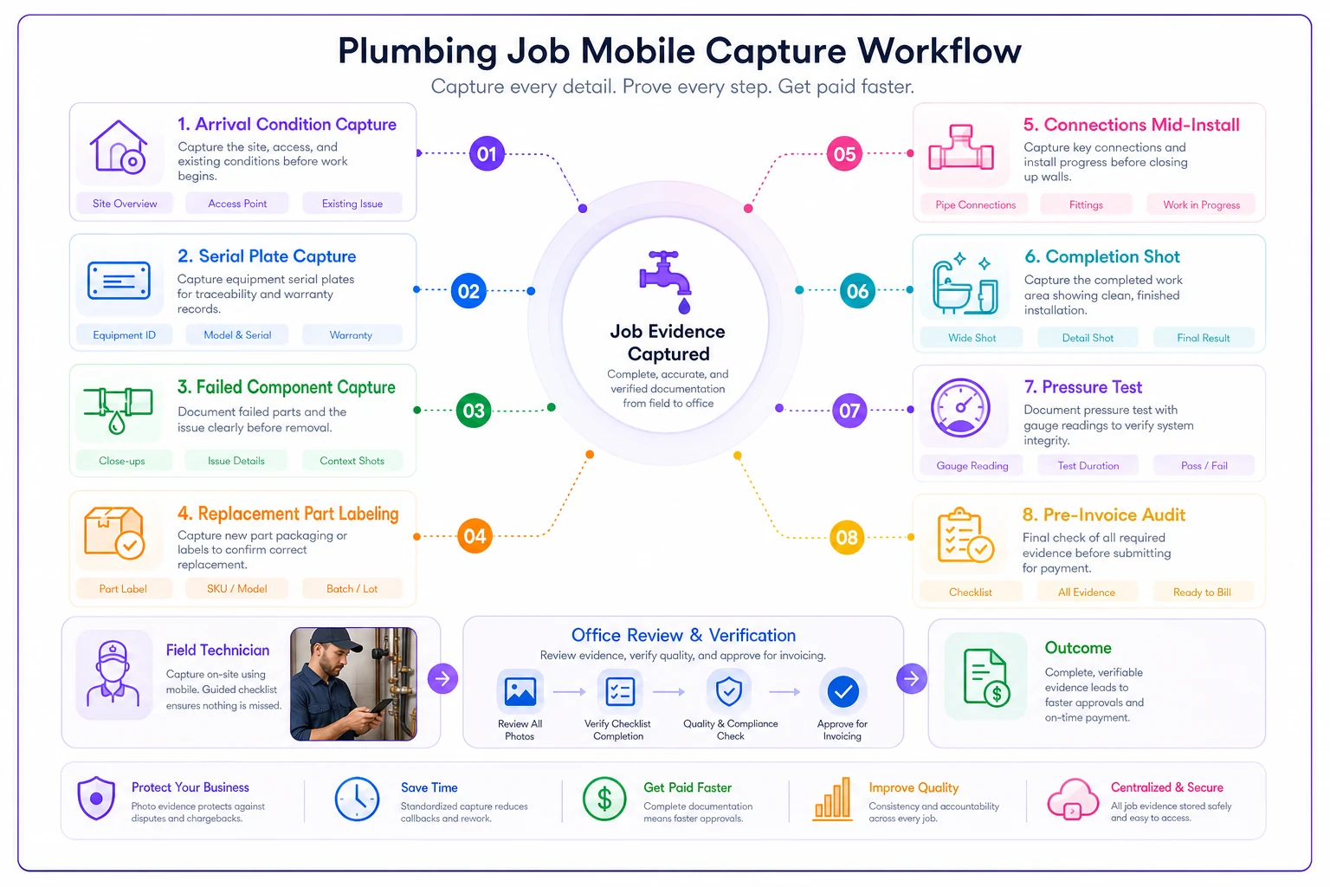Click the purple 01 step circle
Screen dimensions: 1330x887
tap(487, 154)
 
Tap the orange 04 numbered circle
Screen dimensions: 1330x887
tap(475, 536)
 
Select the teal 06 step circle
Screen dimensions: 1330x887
tap(857, 290)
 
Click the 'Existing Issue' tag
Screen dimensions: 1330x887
tap(352, 204)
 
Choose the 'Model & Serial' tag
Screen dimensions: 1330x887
tap(237, 335)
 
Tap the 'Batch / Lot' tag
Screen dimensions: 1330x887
tap(352, 589)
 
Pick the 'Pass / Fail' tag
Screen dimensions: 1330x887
tap(1204, 466)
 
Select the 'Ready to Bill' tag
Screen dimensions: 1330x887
tap(1203, 592)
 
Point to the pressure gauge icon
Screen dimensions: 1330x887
tap(960, 408)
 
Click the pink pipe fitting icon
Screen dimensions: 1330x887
tap(960, 148)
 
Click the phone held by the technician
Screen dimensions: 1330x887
tap(380, 706)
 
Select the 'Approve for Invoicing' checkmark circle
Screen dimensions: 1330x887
tap(843, 691)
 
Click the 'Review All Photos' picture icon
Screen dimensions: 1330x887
tap(520, 691)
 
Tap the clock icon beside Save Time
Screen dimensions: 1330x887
tap(357, 799)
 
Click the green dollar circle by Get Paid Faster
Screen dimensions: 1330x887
tap(604, 799)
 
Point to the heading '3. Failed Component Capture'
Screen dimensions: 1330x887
tap(287, 387)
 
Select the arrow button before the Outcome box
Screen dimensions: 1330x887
tap(912, 678)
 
